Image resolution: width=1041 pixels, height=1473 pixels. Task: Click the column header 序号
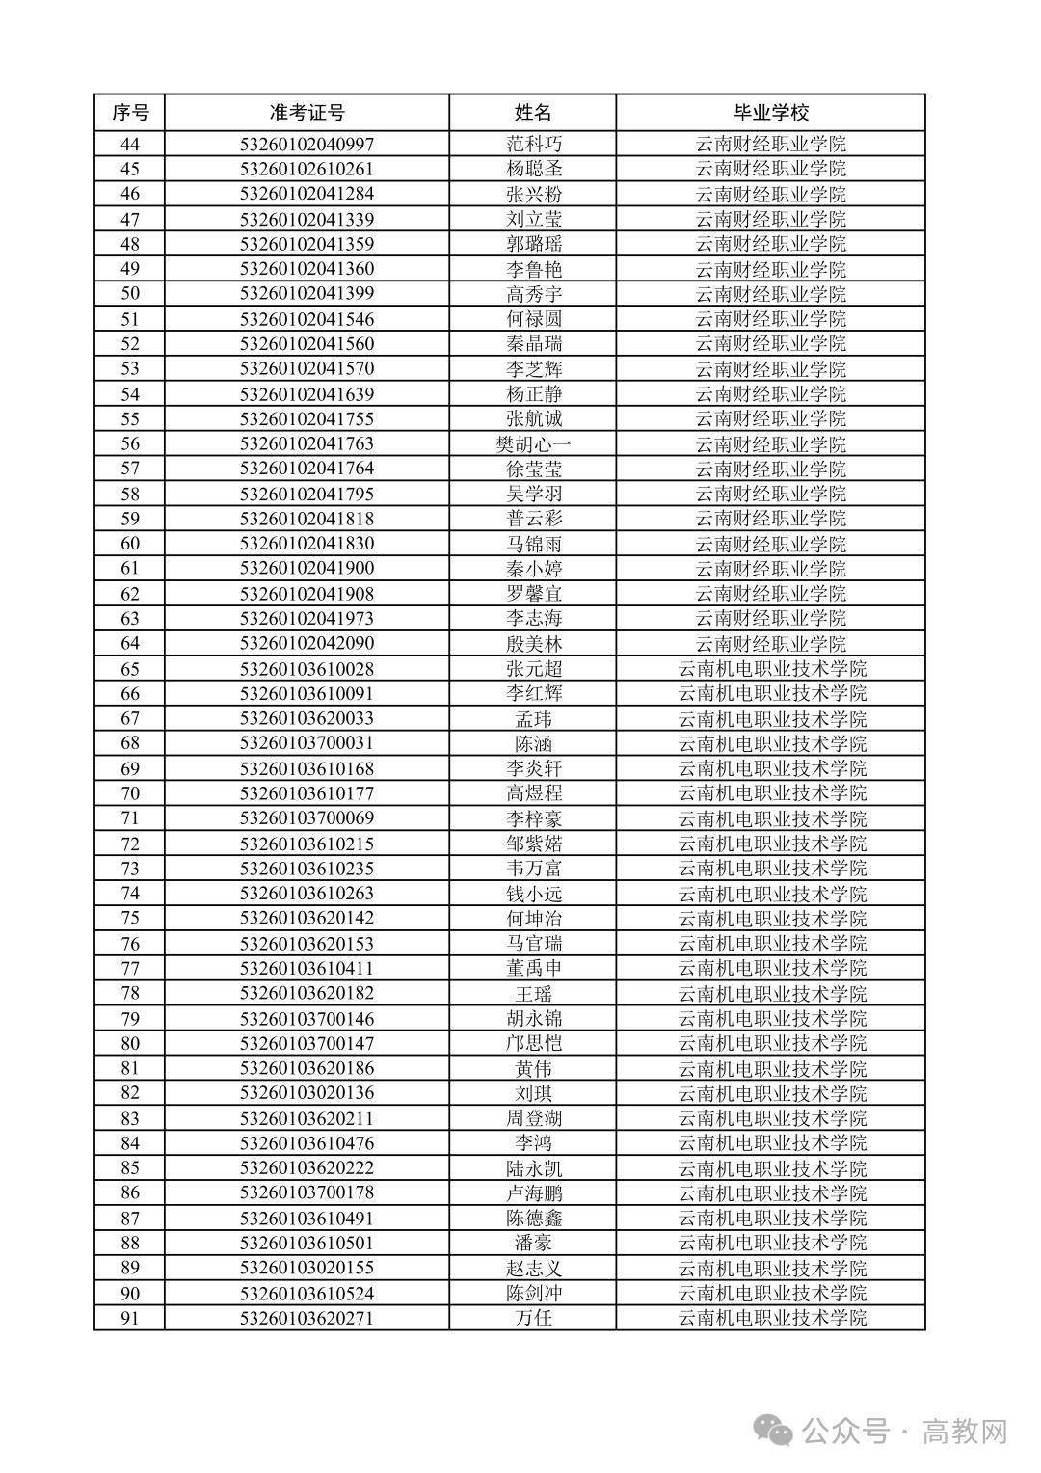tap(130, 113)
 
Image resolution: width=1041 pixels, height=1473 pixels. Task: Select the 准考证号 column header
tap(307, 113)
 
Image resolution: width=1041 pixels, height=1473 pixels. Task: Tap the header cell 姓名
tap(533, 113)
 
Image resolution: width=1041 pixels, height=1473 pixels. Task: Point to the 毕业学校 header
tap(771, 113)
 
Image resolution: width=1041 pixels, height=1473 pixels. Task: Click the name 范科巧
tap(534, 145)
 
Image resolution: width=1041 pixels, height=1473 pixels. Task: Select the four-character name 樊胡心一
tap(534, 443)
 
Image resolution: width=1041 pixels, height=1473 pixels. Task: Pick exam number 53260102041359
tap(307, 244)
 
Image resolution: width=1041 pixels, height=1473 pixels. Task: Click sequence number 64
tap(130, 643)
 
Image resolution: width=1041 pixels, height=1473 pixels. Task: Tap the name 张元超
tap(534, 668)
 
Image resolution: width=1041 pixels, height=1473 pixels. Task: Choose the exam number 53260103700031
tap(307, 743)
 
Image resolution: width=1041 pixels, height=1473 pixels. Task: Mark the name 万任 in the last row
tap(534, 1318)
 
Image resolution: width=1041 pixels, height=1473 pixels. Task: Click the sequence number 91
tap(130, 1318)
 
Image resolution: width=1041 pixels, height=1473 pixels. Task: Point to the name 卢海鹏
tap(534, 1193)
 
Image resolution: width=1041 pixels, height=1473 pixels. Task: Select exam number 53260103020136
tap(307, 1093)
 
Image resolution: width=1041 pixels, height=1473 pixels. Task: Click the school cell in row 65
tap(771, 668)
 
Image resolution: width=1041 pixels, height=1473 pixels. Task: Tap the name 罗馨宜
tap(534, 593)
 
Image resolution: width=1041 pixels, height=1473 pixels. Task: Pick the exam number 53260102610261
tap(307, 169)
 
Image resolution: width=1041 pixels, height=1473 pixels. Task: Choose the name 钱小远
tap(534, 894)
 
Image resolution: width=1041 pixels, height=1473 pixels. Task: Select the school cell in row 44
tap(771, 145)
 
